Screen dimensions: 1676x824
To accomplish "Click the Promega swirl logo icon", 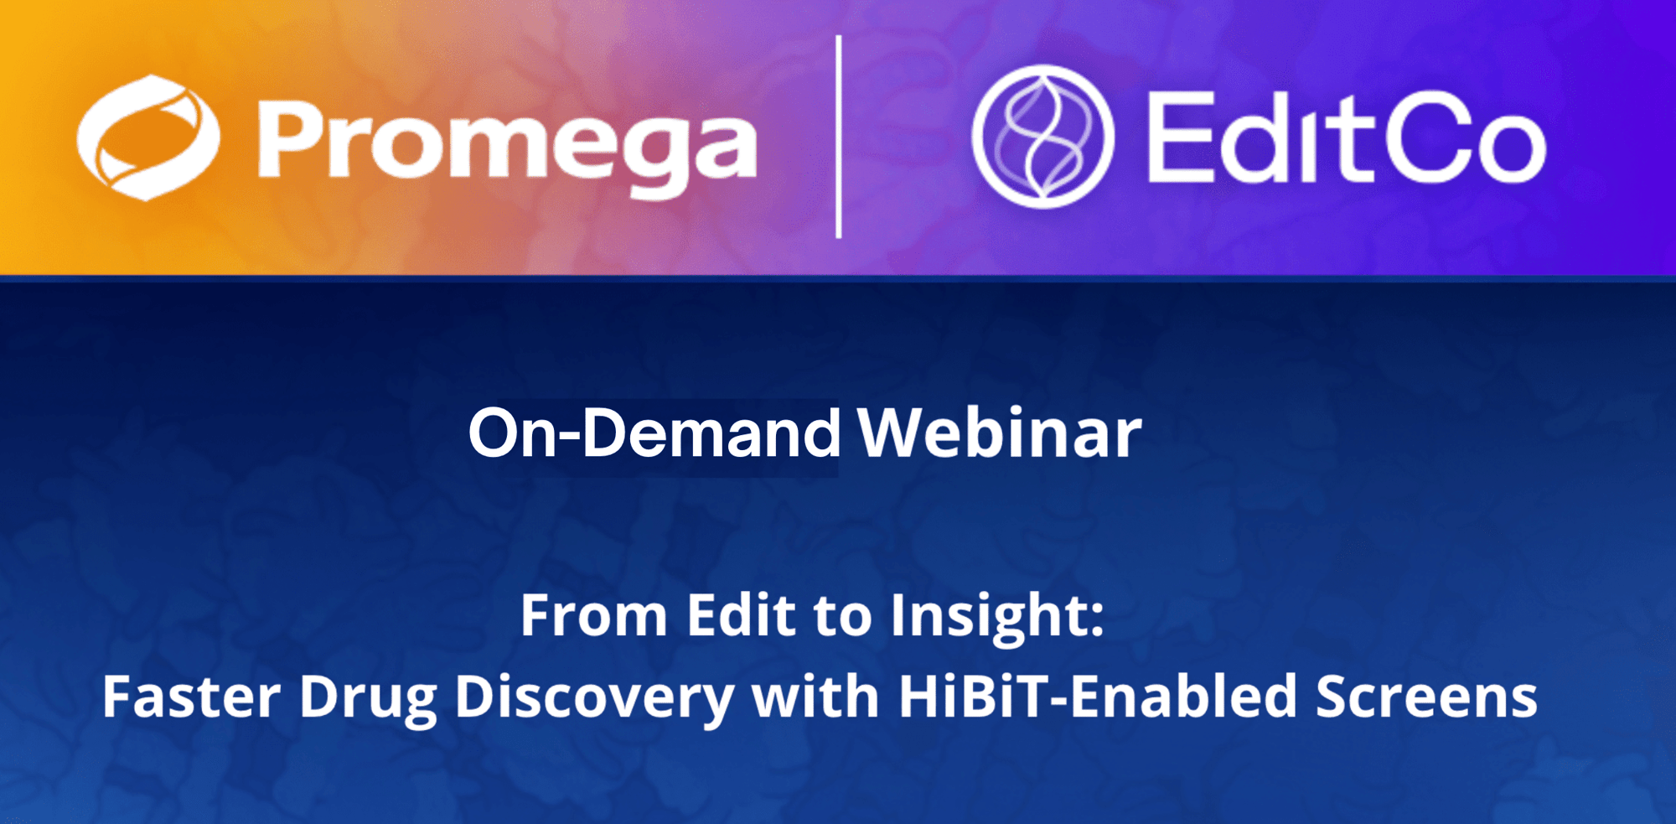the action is click(148, 137).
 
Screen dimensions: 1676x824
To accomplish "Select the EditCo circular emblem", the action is click(1043, 137).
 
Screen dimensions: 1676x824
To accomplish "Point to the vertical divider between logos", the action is click(839, 137).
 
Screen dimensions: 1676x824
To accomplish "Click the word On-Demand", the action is click(654, 433).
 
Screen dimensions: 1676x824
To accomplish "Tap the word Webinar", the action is click(1000, 433).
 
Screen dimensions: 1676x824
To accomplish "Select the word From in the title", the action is click(593, 615).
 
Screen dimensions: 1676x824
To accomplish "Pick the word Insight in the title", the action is click(989, 619).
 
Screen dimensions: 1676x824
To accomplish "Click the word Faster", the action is click(191, 697).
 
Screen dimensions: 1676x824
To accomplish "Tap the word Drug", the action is click(368, 701).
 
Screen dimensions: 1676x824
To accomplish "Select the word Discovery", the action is click(595, 701).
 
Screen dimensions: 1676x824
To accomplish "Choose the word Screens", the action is click(1426, 697).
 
